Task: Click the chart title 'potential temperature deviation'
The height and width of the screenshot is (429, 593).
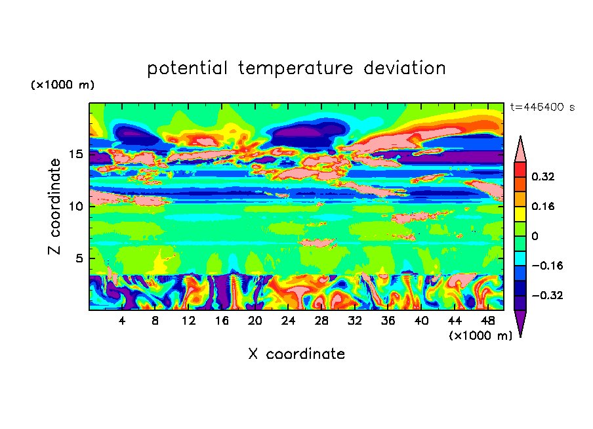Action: click(296, 68)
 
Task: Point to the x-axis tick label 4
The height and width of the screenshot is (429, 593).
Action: click(122, 321)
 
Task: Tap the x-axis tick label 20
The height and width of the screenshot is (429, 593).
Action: click(255, 321)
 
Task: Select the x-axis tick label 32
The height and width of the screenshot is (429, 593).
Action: click(355, 321)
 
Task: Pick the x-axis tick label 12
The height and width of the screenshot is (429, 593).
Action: click(188, 321)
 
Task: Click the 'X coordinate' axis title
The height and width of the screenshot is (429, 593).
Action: click(296, 354)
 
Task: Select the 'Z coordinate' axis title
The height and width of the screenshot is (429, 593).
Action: click(55, 207)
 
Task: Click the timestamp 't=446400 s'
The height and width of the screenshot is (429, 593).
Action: click(542, 107)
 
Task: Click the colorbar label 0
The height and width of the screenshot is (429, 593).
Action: click(535, 236)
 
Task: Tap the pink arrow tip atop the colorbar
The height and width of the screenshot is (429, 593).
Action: click(520, 148)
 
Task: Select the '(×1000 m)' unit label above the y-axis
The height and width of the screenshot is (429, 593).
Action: click(62, 85)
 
